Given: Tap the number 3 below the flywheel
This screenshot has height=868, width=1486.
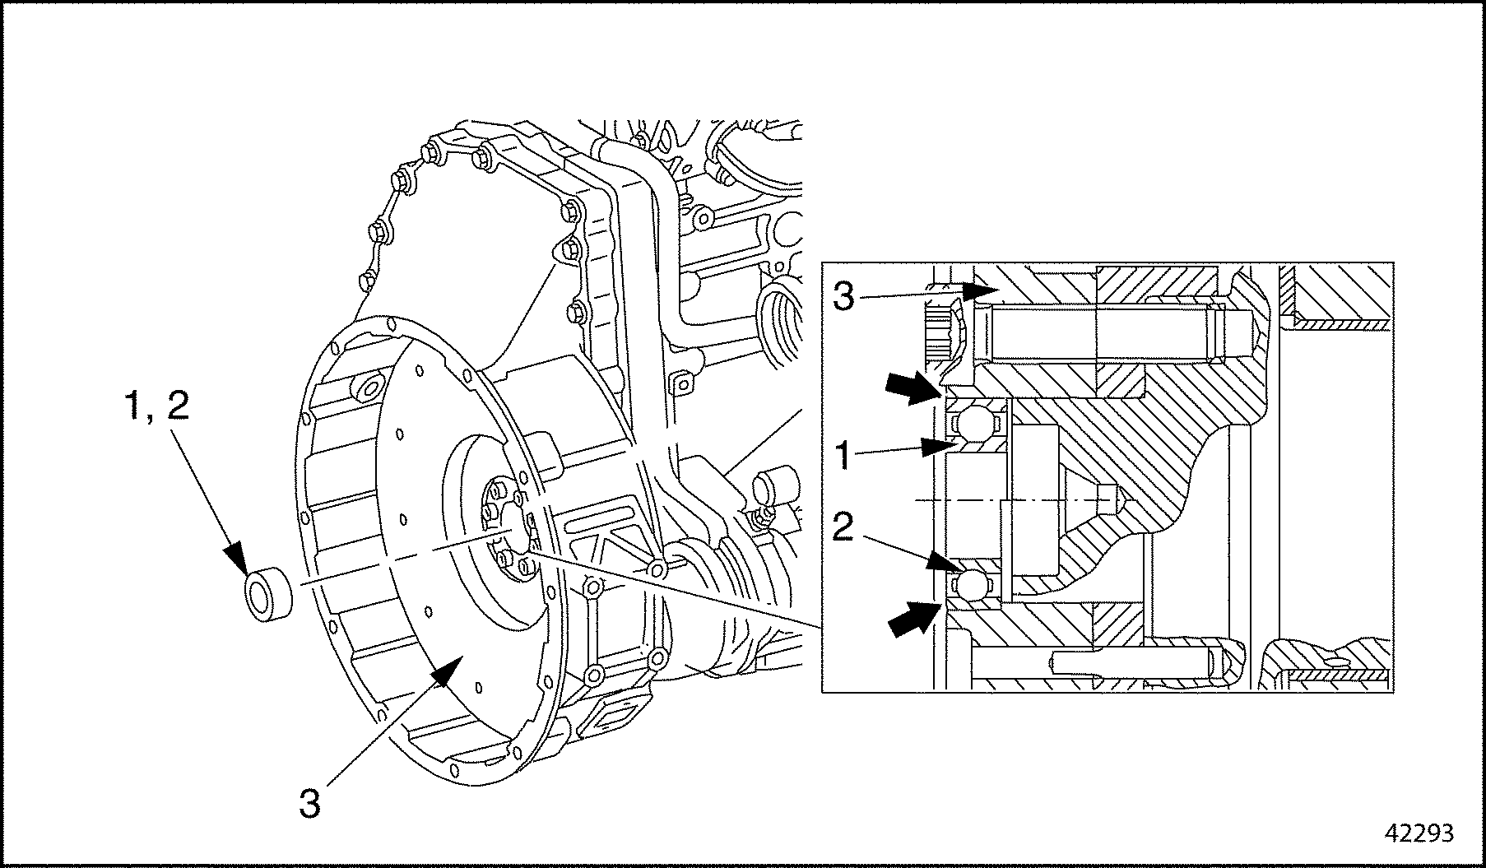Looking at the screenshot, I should coord(309,803).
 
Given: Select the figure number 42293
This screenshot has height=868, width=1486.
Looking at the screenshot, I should coord(1419,833).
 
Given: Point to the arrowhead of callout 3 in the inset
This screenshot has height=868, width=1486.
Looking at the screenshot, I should coord(982,291).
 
